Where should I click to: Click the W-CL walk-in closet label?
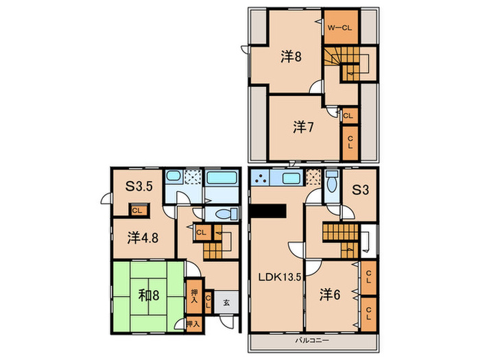tap(340, 28)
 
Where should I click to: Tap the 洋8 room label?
tap(291, 57)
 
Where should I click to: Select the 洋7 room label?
tap(303, 127)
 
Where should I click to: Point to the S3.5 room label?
tap(139, 186)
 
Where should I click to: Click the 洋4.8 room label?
tap(143, 237)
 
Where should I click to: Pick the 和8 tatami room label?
tap(149, 296)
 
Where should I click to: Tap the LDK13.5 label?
tap(280, 277)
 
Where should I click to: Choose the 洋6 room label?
tap(330, 294)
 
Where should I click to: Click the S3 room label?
tap(360, 190)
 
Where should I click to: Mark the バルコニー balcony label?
tap(312, 340)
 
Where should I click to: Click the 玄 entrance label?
tap(226, 303)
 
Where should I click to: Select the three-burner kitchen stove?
tap(260, 178)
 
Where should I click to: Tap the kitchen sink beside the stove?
tap(291, 178)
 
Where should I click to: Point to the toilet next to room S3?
tap(332, 182)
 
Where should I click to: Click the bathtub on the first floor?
tap(221, 178)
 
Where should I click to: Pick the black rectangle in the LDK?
tap(269, 211)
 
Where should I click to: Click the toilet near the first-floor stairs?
tap(226, 214)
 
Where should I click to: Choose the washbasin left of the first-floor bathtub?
tap(173, 176)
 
